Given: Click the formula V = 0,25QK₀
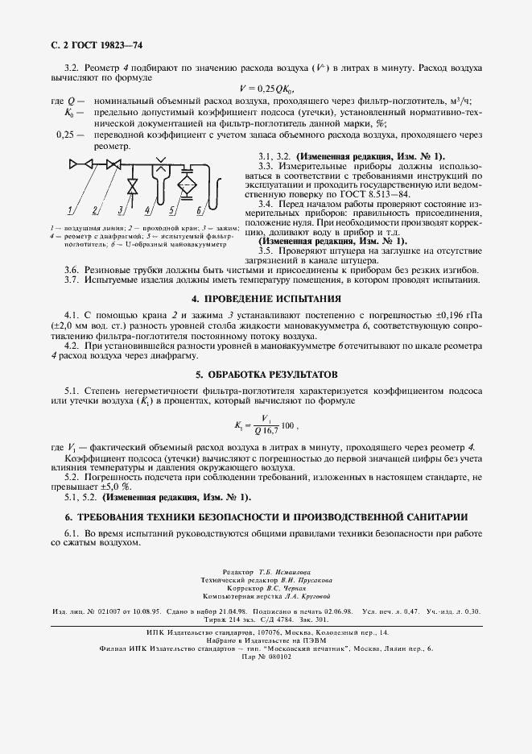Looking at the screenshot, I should click(x=266, y=89).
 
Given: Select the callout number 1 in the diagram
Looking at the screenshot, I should click(x=70, y=211).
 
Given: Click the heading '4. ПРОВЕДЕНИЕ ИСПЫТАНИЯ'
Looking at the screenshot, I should click(x=266, y=298).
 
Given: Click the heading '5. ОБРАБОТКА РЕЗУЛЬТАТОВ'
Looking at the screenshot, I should click(x=266, y=375).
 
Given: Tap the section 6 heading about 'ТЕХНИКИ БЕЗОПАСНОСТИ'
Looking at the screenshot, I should click(x=266, y=516).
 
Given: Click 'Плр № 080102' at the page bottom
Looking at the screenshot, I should click(x=266, y=657).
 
